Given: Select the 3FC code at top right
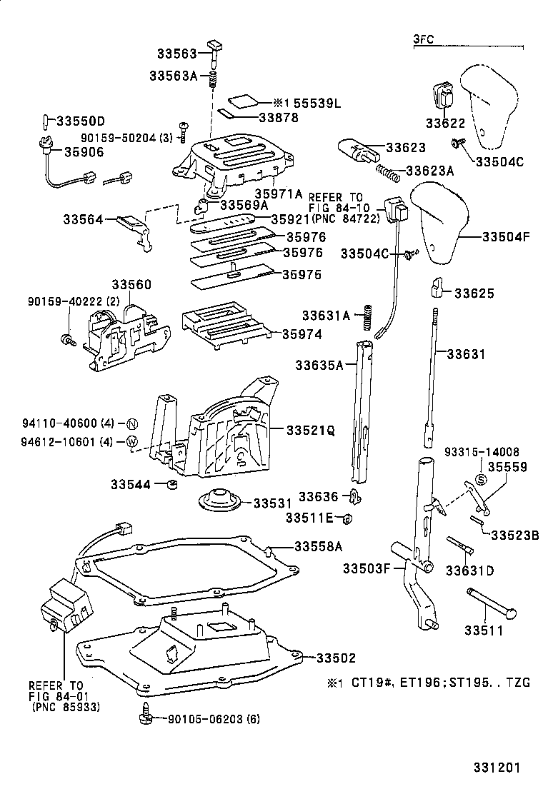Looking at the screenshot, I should pyautogui.click(x=423, y=40).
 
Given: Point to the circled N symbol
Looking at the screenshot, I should pyautogui.click(x=132, y=423).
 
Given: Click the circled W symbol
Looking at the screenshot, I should pyautogui.click(x=132, y=441).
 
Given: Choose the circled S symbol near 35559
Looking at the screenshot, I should pyautogui.click(x=481, y=478).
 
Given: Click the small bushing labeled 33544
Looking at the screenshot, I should pyautogui.click(x=171, y=486).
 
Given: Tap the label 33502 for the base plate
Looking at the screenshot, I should pyautogui.click(x=336, y=658).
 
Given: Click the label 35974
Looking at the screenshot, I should pyautogui.click(x=302, y=333).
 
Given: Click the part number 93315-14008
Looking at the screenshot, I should pyautogui.click(x=482, y=451).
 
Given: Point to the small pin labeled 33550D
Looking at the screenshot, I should pyautogui.click(x=45, y=120).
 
